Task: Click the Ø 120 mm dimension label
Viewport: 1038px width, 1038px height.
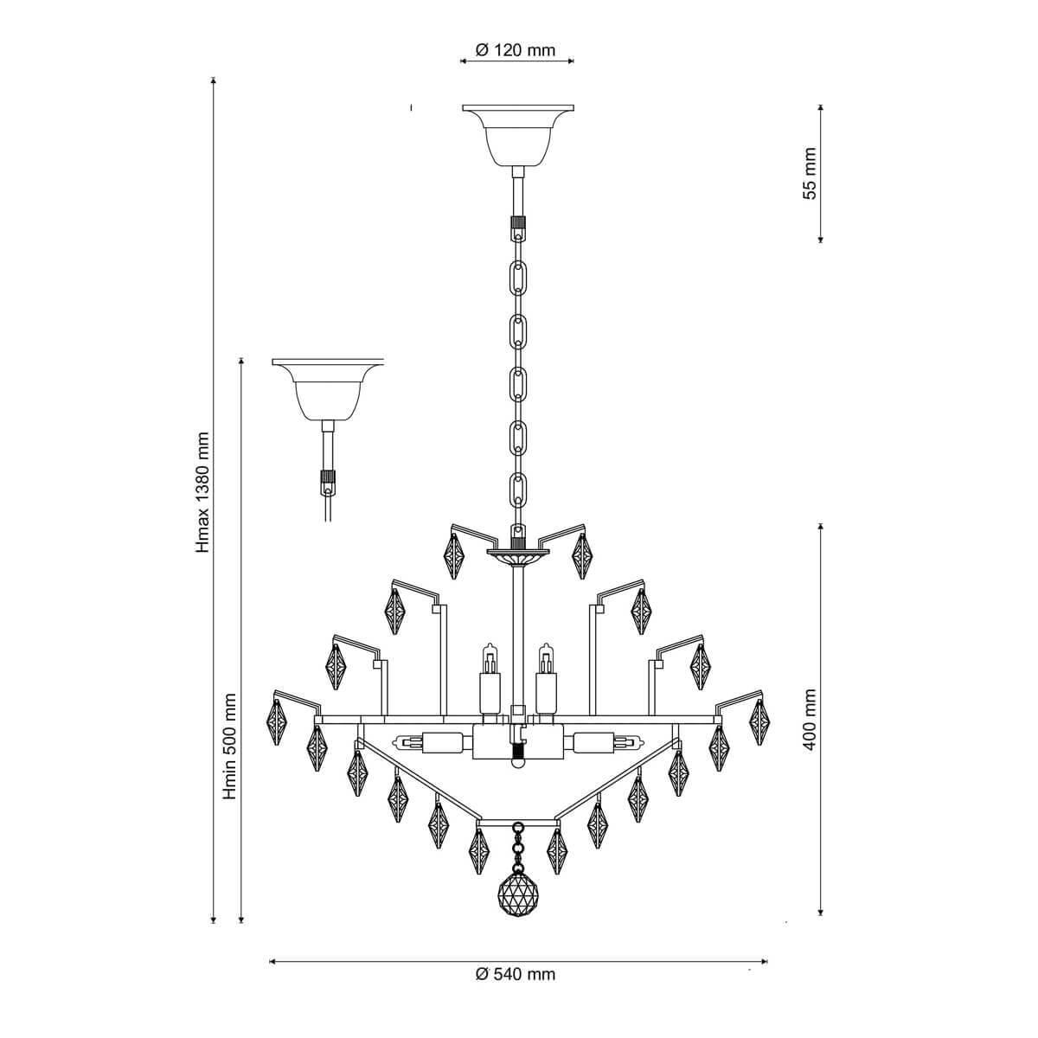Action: point(516,49)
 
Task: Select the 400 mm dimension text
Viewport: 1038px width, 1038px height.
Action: point(810,720)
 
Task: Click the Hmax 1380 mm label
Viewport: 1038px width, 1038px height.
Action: point(202,493)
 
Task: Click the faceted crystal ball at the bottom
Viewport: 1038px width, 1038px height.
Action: point(517,892)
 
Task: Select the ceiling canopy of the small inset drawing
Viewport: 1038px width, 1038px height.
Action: point(327,388)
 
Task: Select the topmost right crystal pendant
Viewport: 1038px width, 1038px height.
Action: point(583,555)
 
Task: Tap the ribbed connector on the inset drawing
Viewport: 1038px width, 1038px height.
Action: point(327,477)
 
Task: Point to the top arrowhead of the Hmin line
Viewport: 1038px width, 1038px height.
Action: point(241,361)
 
